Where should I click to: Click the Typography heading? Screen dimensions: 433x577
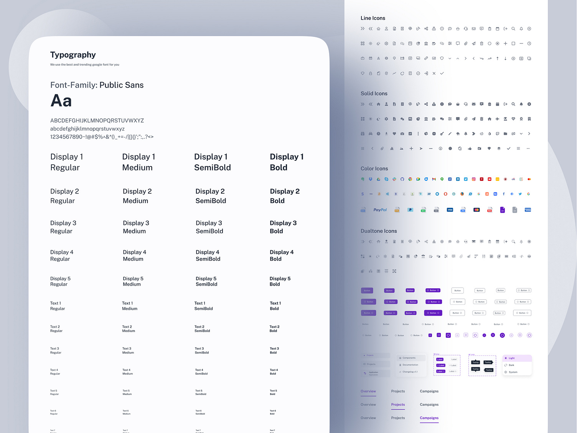tap(73, 55)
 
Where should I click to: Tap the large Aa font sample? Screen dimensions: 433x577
tap(61, 101)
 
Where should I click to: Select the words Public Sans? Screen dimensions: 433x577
tap(121, 85)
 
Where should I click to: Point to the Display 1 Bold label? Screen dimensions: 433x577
tap(287, 162)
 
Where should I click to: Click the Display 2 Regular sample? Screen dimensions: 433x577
tap(64, 196)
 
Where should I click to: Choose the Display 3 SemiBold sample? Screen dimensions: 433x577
tap(209, 227)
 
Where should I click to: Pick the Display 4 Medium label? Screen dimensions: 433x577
tap(134, 256)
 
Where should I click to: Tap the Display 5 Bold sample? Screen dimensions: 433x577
tap(280, 281)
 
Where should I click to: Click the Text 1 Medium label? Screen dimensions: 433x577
tap(130, 306)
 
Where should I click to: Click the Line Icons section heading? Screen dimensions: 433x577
tap(373, 18)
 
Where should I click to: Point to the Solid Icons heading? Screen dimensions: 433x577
tap(374, 94)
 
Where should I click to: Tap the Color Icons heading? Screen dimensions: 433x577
tap(374, 169)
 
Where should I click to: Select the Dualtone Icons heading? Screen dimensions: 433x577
tap(379, 231)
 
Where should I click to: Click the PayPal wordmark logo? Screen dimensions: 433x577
tap(380, 210)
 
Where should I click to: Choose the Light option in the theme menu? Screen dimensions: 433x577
tap(512, 358)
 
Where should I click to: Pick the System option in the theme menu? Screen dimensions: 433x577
tap(513, 372)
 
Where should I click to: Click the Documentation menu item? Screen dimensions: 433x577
tap(410, 365)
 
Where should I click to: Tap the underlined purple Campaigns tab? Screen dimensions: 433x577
tap(429, 418)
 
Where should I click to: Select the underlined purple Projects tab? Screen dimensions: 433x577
tap(398, 405)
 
